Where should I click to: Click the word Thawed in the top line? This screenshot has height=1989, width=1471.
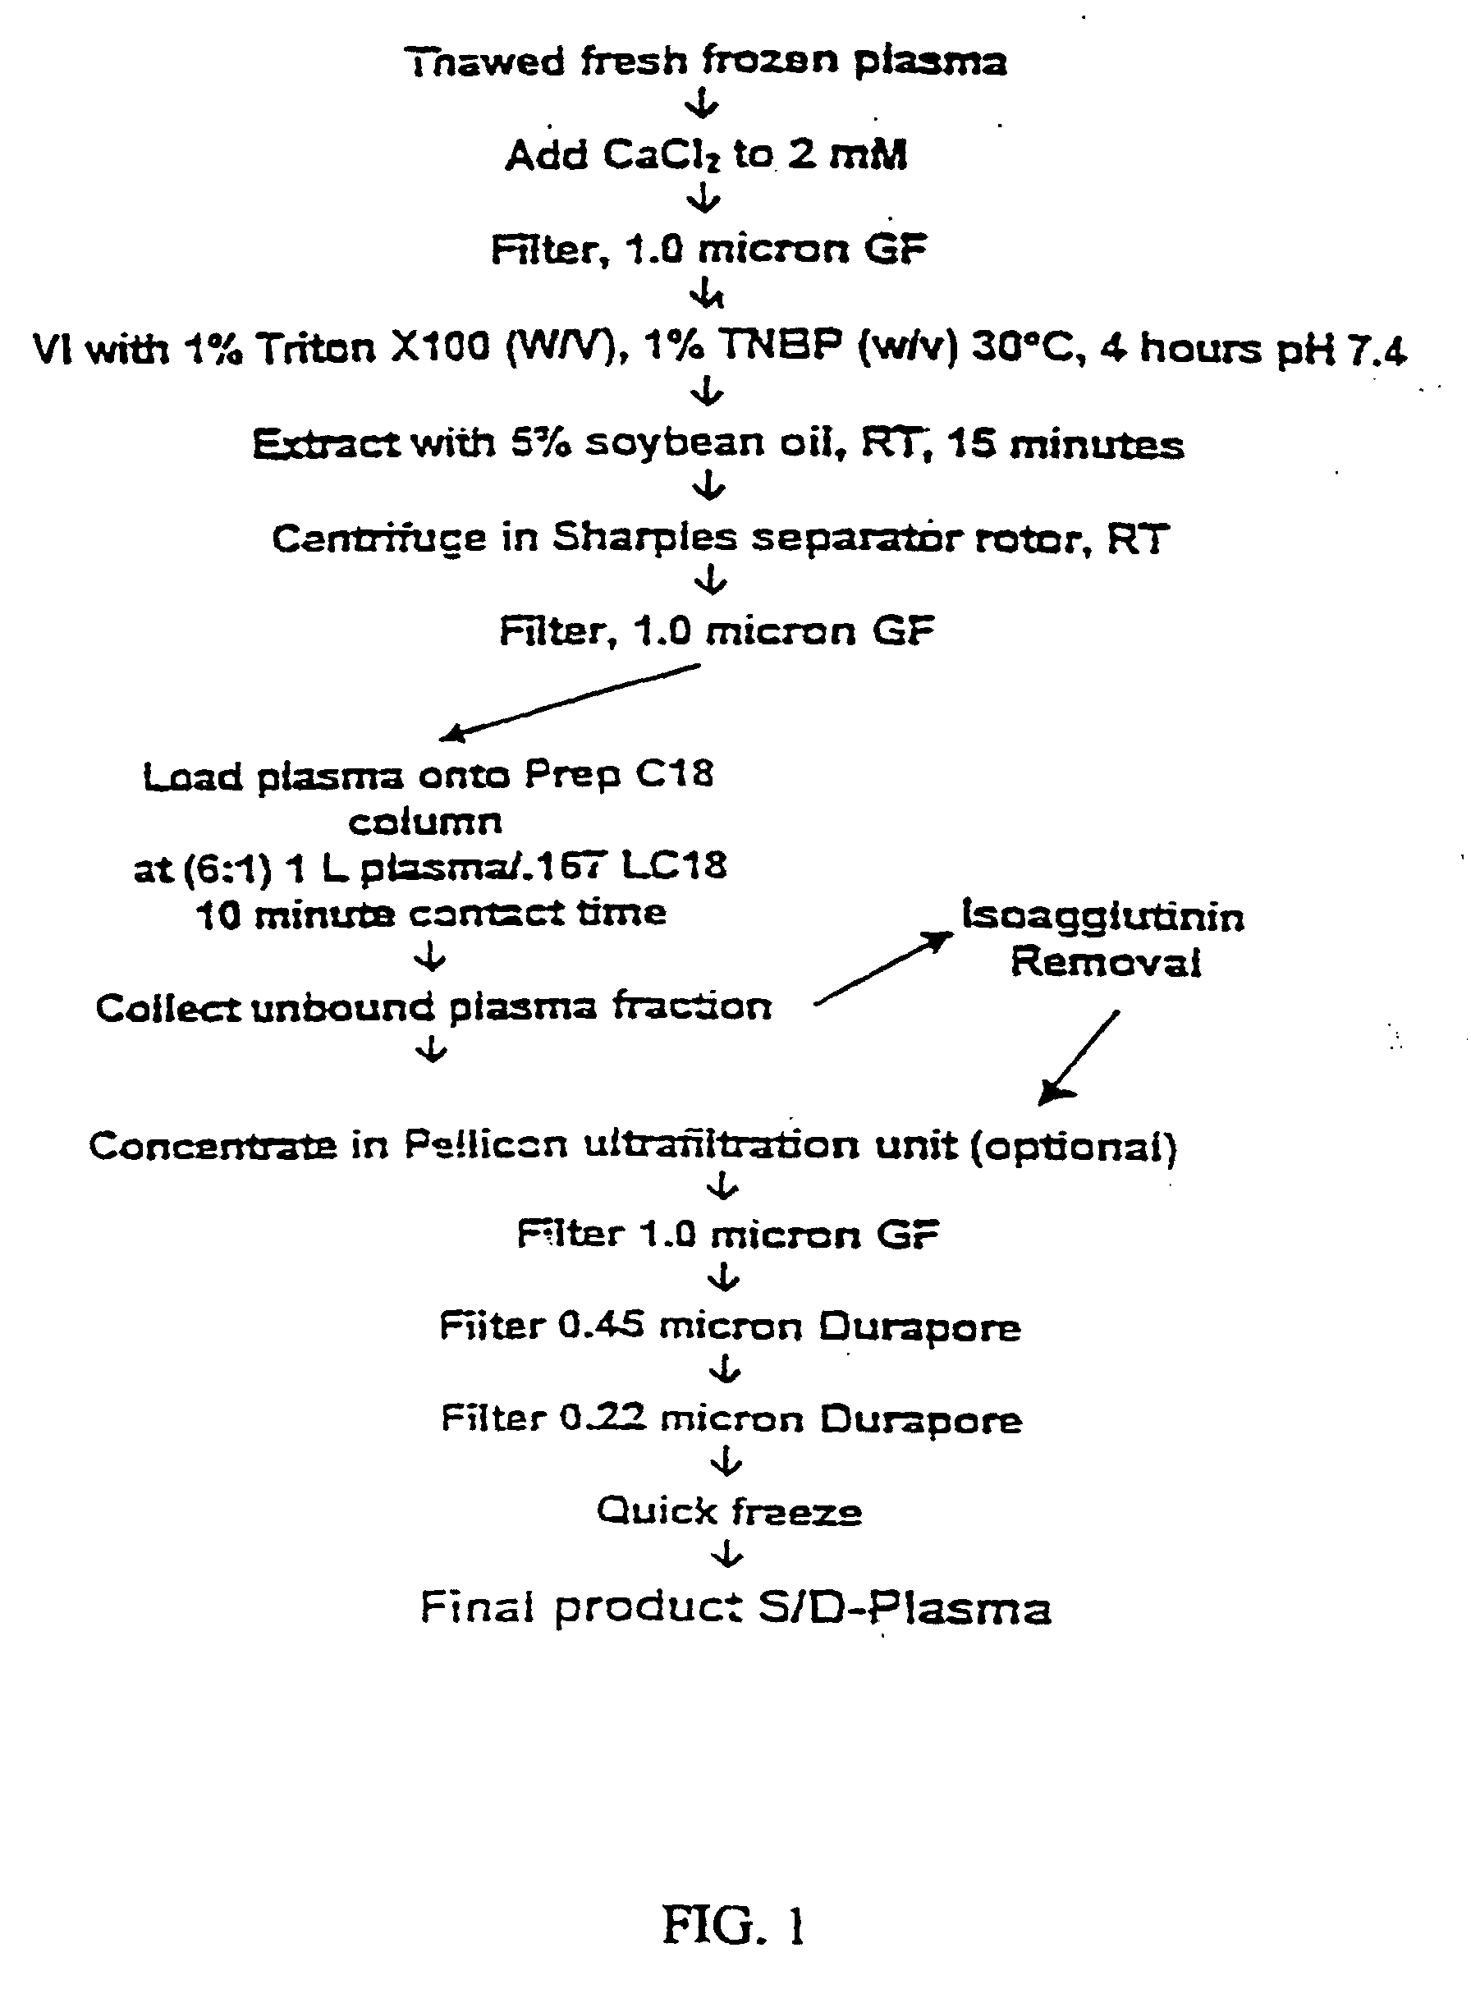(x=484, y=62)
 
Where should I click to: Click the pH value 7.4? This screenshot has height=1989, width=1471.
(x=1377, y=351)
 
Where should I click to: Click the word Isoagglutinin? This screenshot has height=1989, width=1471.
(x=1102, y=917)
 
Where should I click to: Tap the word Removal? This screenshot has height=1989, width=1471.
(x=1105, y=962)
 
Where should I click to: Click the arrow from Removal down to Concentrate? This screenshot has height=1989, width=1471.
(x=1079, y=1056)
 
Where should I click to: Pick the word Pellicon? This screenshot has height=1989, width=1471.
(x=485, y=1145)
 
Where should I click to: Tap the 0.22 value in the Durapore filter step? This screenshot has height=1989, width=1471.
(x=602, y=1418)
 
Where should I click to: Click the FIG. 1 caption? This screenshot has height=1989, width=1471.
(x=734, y=1925)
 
